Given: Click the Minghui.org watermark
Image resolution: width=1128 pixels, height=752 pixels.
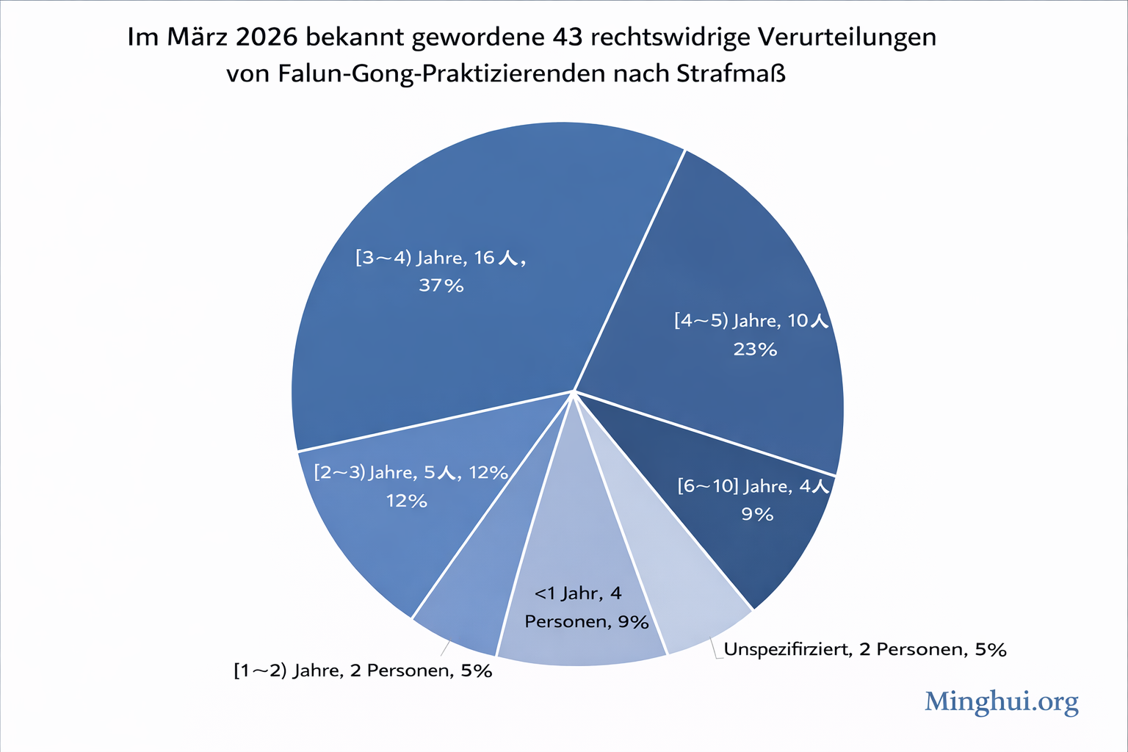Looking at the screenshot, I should point(1001,701).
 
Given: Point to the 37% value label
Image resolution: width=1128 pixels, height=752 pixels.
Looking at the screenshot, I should point(441,286).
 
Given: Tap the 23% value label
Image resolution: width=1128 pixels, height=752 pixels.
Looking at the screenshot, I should point(755,350).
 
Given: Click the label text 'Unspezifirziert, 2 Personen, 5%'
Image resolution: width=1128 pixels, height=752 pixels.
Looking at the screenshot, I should point(864,649).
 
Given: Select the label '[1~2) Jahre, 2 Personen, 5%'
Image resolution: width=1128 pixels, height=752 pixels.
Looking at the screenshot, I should point(363,670).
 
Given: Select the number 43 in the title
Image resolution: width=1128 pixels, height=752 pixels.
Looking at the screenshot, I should point(568,37).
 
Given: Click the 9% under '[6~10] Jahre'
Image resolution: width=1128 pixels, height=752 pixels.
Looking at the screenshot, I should point(757,514).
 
